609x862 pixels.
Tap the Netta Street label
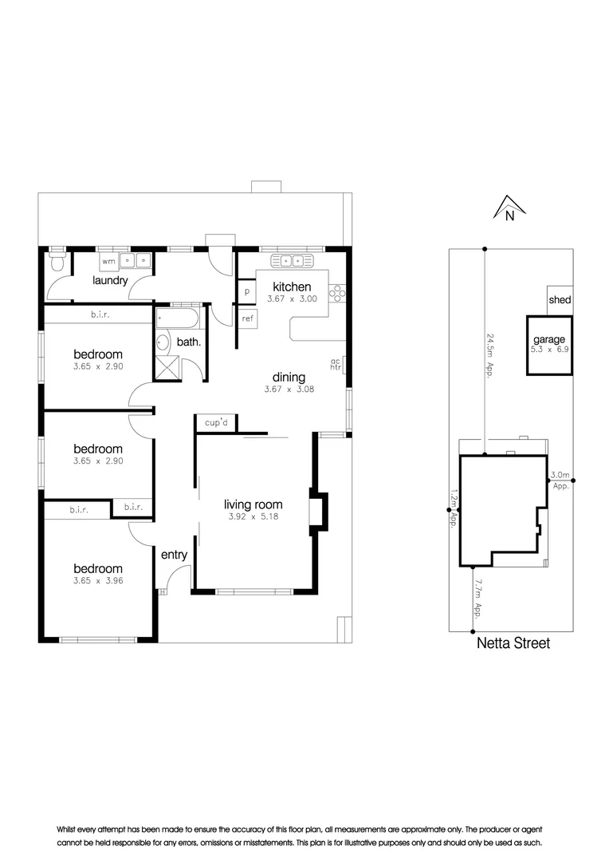tap(513, 643)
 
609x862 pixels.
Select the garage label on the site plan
tap(550, 339)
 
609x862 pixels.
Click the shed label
tap(560, 300)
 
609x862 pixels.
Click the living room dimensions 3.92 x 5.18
tap(253, 516)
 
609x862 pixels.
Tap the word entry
tap(174, 555)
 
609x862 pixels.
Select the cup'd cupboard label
tap(216, 423)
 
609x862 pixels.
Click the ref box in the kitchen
tap(248, 318)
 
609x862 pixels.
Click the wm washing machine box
tap(108, 260)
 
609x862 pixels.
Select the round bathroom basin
tap(163, 343)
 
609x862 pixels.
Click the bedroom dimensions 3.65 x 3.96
tap(97, 581)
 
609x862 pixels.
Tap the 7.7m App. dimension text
tap(477, 599)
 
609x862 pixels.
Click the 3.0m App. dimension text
tap(560, 480)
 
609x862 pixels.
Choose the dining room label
tap(289, 378)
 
